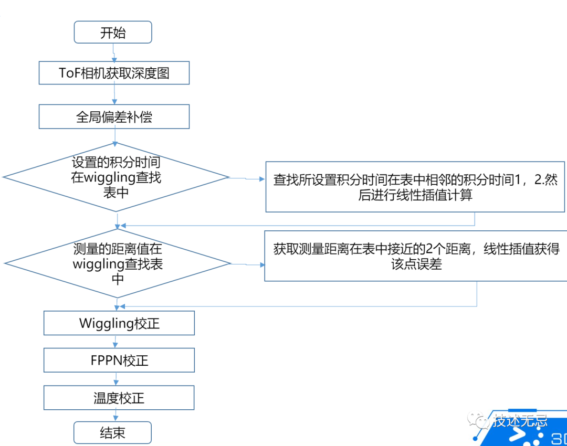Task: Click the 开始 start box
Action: (113, 33)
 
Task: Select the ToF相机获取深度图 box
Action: (114, 73)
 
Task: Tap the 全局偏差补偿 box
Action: (114, 116)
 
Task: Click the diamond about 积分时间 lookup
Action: (116, 177)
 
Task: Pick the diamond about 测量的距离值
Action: (117, 263)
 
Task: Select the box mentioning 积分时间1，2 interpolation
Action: (415, 187)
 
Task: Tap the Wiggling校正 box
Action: (119, 323)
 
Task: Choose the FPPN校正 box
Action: (119, 360)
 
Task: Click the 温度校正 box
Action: (119, 398)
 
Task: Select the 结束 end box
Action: (112, 433)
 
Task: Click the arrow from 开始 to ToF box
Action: (113, 52)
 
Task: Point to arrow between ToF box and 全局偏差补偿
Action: (114, 94)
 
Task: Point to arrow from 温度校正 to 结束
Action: (115, 416)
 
